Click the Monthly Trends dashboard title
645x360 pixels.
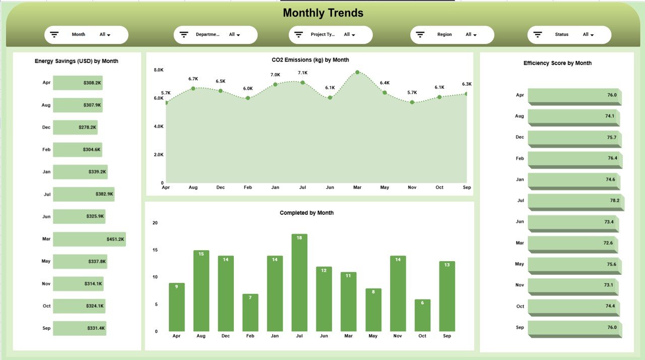pyautogui.click(x=323, y=13)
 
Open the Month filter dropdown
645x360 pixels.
pyautogui.click(x=105, y=35)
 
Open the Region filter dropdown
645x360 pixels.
pyautogui.click(x=471, y=35)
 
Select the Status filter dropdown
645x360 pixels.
pyautogui.click(x=589, y=35)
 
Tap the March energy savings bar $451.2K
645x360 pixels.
pyautogui.click(x=89, y=239)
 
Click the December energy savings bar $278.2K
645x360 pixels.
pyautogui.click(x=75, y=128)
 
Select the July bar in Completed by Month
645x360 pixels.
pyautogui.click(x=299, y=282)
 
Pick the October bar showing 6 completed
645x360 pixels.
pyautogui.click(x=422, y=315)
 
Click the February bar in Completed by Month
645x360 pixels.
pyautogui.click(x=250, y=313)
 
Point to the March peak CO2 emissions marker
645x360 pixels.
pyautogui.click(x=357, y=72)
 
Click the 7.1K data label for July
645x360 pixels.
pyautogui.click(x=302, y=73)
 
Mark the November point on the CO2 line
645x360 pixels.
pyautogui.click(x=412, y=102)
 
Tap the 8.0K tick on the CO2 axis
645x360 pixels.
pyautogui.click(x=159, y=70)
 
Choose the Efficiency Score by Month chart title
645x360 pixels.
pyautogui.click(x=557, y=63)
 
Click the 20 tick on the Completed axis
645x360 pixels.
pyautogui.click(x=155, y=223)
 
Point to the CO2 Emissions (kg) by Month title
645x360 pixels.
pyautogui.click(x=310, y=60)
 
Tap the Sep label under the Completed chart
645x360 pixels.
pyautogui.click(x=447, y=336)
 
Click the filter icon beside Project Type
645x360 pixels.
pyautogui.click(x=299, y=35)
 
